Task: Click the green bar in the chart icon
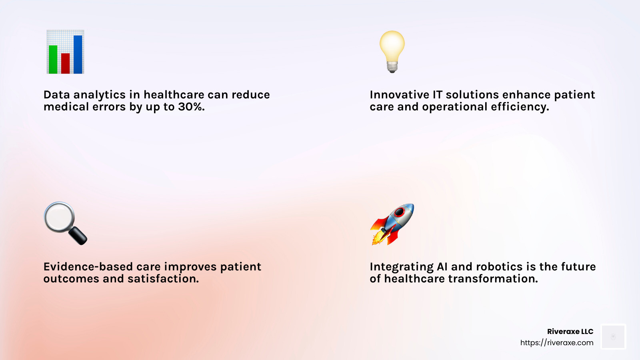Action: click(x=53, y=60)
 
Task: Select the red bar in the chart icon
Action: click(x=66, y=64)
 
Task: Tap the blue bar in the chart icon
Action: click(x=78, y=54)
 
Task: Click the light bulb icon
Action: click(x=392, y=52)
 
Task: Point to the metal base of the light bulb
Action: click(x=392, y=67)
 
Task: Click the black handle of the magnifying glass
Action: click(x=78, y=236)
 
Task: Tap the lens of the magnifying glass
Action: click(x=60, y=217)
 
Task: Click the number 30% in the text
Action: click(x=192, y=107)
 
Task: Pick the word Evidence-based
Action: click(x=88, y=267)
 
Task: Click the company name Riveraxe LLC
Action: click(x=570, y=332)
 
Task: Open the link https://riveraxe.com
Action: click(x=556, y=343)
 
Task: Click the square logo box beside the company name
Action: click(x=613, y=336)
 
